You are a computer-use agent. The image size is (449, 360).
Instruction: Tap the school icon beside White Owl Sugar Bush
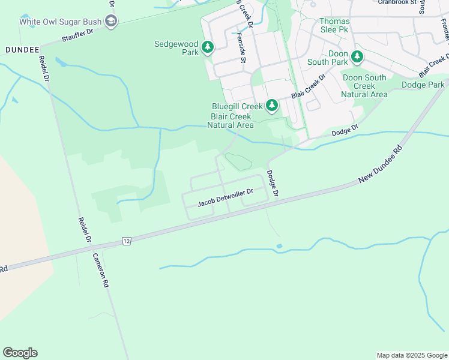click(110, 22)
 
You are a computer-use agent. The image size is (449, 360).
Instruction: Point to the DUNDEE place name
click(22, 49)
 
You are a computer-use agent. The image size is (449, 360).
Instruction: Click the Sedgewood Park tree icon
click(208, 47)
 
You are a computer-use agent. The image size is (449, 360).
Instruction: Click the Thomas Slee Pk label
click(334, 25)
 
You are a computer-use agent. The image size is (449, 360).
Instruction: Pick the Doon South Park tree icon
click(357, 57)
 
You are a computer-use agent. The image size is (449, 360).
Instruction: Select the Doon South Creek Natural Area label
click(364, 86)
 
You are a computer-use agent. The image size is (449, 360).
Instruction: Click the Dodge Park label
click(423, 85)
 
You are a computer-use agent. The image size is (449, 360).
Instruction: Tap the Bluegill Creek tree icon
click(272, 106)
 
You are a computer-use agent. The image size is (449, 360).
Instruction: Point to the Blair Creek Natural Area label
click(231, 120)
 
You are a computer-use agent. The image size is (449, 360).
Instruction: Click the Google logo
click(20, 353)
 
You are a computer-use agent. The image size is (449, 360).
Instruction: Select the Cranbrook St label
click(397, 2)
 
